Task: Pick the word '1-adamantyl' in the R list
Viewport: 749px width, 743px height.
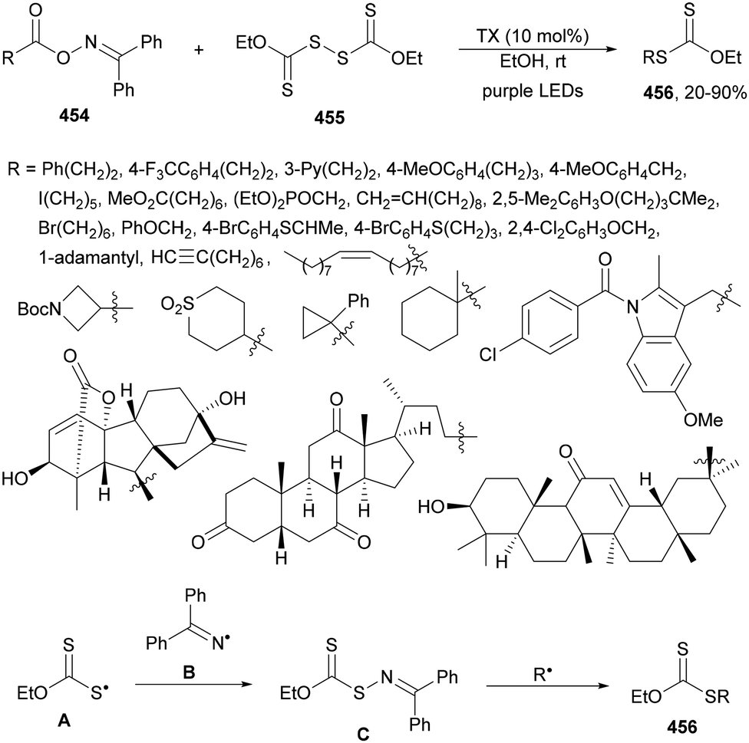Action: (x=75, y=261)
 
